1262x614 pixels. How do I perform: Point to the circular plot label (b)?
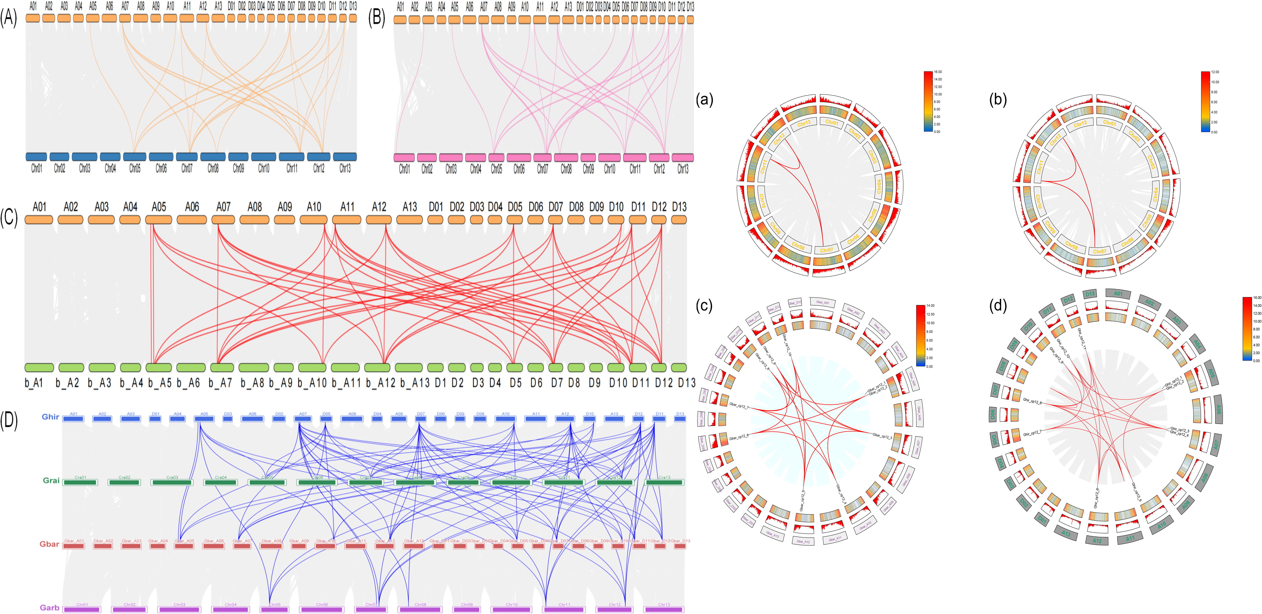(x=998, y=99)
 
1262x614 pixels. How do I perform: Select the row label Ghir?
(x=50, y=417)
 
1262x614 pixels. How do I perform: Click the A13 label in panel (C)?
(x=409, y=207)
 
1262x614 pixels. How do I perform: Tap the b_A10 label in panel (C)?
(x=312, y=383)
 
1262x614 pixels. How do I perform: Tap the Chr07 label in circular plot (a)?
(x=827, y=250)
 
